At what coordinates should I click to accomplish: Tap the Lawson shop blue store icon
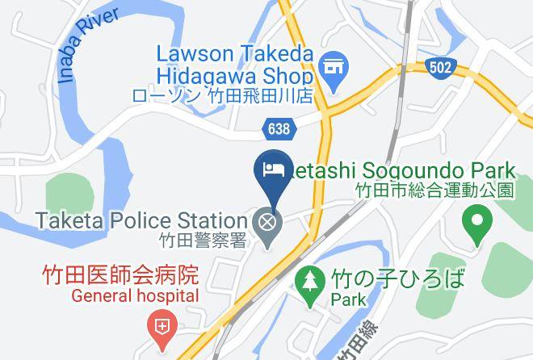click(331, 65)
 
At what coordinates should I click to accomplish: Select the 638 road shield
click(278, 127)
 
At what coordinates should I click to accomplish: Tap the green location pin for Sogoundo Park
click(476, 221)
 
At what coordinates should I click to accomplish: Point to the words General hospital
click(135, 295)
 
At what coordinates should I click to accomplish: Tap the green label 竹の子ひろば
click(397, 279)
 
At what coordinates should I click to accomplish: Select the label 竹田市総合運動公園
click(434, 190)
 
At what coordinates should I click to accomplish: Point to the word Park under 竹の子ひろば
click(348, 299)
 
